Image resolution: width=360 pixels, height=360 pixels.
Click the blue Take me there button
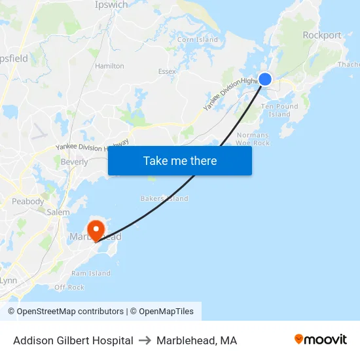tap(180, 160)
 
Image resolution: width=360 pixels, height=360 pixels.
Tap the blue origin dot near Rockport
tap(265, 79)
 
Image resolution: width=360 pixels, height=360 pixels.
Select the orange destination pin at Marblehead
tap(96, 231)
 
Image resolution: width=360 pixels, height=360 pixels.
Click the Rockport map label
tap(321, 35)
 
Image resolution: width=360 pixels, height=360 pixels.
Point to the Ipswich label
tap(111, 5)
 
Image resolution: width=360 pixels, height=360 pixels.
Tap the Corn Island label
tap(198, 40)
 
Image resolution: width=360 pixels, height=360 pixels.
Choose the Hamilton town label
tap(109, 66)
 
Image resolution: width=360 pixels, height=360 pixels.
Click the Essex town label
tap(167, 71)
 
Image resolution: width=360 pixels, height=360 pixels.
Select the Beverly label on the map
tap(74, 162)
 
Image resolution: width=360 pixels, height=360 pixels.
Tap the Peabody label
tap(27, 202)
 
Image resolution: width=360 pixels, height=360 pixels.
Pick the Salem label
tap(58, 212)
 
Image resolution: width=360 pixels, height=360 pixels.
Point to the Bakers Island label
tap(164, 198)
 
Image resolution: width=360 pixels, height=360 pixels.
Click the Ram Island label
tap(91, 274)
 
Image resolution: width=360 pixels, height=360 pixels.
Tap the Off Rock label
tap(69, 287)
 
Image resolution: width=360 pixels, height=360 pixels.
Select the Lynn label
tap(9, 280)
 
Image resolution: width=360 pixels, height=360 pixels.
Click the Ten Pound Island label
tap(279, 110)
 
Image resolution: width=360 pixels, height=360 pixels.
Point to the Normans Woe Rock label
tap(253, 139)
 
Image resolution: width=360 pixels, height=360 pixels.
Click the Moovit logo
tap(321, 340)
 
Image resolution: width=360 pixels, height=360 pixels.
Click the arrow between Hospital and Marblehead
tap(145, 340)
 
